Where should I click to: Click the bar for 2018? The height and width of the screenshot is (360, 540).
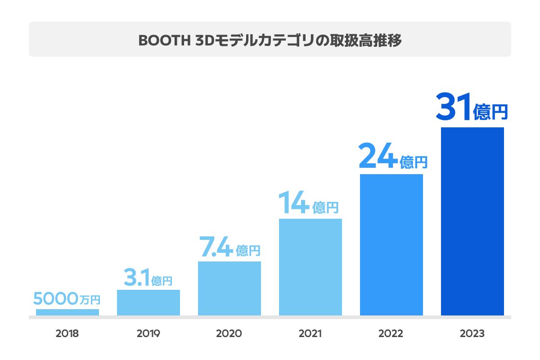[67, 312]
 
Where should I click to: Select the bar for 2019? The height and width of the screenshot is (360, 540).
[148, 302]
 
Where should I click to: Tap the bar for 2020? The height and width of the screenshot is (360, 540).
[229, 288]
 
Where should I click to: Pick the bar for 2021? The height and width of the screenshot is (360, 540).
[310, 267]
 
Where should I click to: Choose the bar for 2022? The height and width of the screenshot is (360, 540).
[391, 245]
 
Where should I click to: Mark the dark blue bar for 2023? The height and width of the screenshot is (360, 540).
[472, 221]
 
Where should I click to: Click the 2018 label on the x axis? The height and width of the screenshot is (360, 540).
[67, 334]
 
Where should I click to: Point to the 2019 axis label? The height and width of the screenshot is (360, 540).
[148, 334]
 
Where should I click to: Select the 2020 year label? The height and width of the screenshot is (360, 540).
[229, 334]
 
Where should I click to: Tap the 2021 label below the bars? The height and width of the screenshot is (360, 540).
[310, 334]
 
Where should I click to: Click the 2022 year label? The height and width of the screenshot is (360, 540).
[391, 334]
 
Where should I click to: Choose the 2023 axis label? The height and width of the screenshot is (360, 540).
[472, 334]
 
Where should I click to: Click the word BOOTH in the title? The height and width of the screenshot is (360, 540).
[163, 40]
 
